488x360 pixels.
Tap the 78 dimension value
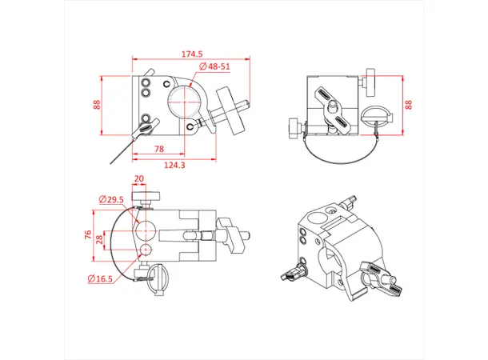[x=158, y=150]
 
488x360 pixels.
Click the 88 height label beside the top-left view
[x=97, y=105]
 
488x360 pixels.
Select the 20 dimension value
[x=139, y=179]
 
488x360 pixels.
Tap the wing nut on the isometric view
[x=374, y=276]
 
